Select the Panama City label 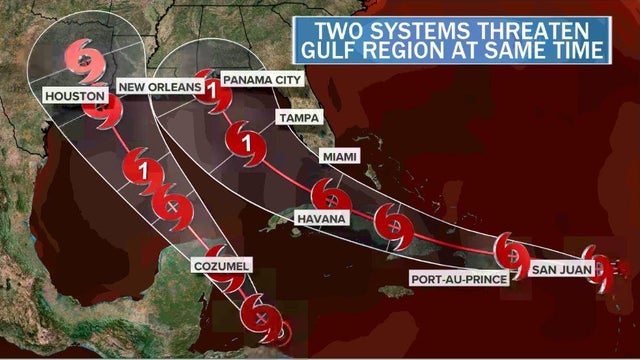(263, 78)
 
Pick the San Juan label (557, 268)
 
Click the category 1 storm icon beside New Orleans (212, 96)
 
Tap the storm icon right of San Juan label (601, 266)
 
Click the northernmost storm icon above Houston (87, 62)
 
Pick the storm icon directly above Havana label (328, 193)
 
